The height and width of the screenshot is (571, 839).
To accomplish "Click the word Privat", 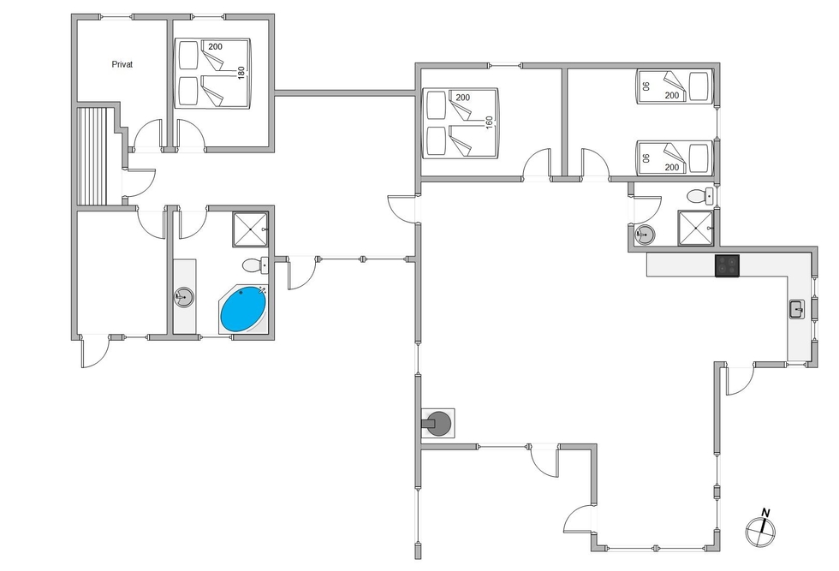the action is [122, 64].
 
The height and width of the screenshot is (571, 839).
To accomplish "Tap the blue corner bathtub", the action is [243, 309].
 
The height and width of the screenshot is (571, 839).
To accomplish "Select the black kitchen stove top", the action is [727, 265].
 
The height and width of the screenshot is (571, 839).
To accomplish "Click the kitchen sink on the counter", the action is [797, 309].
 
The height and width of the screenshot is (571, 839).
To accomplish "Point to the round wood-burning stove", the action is [437, 424].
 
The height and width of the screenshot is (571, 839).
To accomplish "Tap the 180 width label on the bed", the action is [241, 73].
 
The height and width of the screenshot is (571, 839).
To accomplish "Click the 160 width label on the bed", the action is [489, 122].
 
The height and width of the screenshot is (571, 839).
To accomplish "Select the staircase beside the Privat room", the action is [93, 156].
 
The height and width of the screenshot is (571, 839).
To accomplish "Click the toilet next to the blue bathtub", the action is [255, 265].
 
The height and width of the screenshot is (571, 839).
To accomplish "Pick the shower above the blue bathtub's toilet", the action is [250, 229].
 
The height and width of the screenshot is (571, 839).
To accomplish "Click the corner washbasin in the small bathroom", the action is [644, 234].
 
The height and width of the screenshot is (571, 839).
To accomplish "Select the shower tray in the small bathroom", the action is [695, 228].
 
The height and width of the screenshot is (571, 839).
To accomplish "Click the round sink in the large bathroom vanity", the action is [184, 297].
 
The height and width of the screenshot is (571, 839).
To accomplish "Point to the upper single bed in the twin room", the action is [675, 86].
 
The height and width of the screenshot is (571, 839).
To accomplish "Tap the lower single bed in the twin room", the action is [675, 158].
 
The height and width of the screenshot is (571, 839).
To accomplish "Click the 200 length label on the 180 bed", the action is [215, 46].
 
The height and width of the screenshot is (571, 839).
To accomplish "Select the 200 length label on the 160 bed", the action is [463, 98].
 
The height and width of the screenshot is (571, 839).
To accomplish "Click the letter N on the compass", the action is [765, 513].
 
